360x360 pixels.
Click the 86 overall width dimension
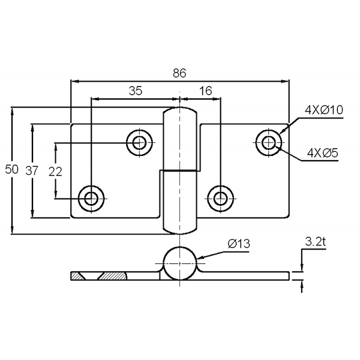click(179, 73)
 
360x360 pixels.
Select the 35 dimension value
click(136, 91)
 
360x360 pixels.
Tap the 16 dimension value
click(205, 91)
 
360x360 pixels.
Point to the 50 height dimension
click(11, 170)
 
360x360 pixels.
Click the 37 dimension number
click(32, 171)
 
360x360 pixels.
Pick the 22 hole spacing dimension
click(55, 172)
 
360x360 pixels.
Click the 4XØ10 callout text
click(324, 110)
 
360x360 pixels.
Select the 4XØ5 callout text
click(323, 153)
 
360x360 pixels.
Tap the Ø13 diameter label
click(239, 244)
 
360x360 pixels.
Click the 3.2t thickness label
click(316, 242)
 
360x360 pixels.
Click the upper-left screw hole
click(139, 143)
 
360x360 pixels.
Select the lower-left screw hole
click(91, 199)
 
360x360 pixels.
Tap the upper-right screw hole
click(269, 143)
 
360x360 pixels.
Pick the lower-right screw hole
click(220, 199)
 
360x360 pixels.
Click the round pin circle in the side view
click(180, 263)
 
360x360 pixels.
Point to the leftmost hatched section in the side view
click(77, 276)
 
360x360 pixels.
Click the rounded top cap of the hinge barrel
click(180, 113)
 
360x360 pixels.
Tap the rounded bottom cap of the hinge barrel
click(180, 229)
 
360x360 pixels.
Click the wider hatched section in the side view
click(113, 276)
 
